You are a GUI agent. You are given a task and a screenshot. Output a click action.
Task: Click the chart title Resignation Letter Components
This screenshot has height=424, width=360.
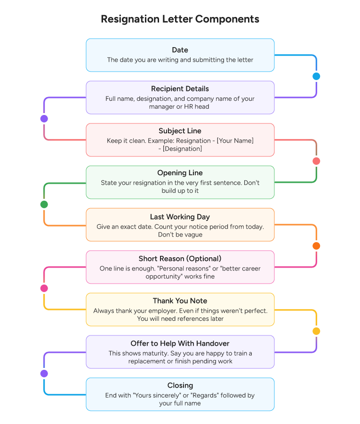180,19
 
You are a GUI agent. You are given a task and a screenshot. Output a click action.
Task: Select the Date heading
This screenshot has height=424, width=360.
180,50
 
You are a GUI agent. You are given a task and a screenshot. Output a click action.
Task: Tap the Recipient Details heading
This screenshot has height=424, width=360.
180,89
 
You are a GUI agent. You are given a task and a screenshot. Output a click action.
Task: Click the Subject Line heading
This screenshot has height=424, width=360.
180,131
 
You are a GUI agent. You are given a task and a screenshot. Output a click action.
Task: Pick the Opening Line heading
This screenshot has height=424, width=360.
180,173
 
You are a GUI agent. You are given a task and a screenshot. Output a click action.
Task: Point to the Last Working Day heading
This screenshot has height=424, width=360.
180,217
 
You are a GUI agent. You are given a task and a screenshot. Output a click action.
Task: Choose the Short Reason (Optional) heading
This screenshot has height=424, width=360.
180,259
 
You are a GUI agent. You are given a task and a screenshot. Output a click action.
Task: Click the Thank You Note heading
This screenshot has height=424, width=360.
180,301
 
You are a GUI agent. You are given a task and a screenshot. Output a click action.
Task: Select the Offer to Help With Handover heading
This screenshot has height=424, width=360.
180,343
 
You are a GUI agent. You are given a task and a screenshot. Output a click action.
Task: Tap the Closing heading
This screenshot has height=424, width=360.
180,385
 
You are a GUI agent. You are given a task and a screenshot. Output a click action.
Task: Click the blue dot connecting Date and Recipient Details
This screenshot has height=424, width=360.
316,76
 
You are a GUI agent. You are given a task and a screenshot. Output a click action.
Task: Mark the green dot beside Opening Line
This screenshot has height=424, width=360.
44,204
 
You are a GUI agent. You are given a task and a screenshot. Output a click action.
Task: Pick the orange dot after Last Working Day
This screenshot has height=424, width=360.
316,246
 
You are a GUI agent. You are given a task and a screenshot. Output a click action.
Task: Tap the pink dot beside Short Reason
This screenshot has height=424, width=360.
44,288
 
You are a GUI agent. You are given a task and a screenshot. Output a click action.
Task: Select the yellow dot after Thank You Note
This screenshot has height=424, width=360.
316,331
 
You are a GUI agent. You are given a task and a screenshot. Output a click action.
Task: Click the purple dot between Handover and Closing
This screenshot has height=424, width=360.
44,374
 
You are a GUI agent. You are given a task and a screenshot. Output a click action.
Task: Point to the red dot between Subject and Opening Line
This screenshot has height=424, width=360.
316,161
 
